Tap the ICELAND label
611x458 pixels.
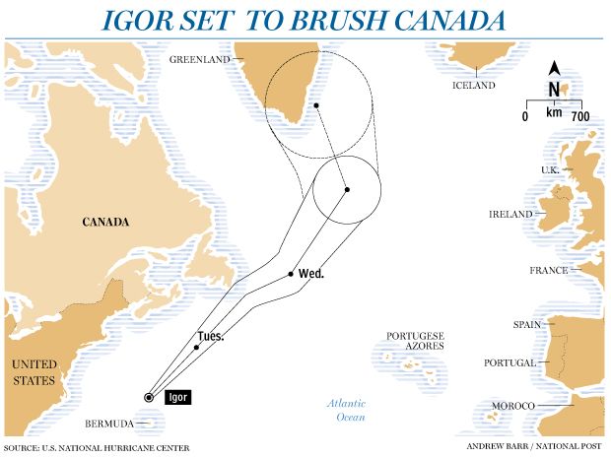(473, 86)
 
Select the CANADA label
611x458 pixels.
(105, 223)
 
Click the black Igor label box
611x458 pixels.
(177, 397)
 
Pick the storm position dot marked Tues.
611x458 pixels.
(197, 347)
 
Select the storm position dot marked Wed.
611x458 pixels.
(290, 273)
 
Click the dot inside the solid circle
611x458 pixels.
(348, 189)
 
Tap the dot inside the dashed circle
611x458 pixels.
(316, 104)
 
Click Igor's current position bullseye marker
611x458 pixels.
(149, 397)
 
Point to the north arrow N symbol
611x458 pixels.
(555, 88)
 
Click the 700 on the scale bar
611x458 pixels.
(579, 117)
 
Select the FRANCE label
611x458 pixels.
(549, 270)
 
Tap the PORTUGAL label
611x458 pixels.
(509, 362)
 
